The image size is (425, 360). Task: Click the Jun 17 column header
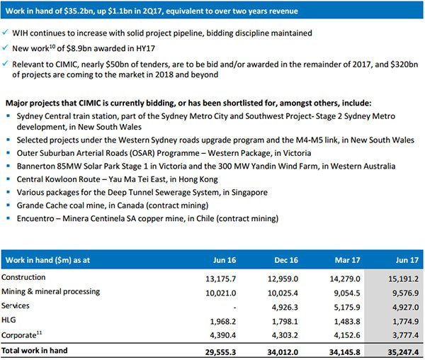[x=407, y=260]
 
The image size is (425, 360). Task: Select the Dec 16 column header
[x=286, y=260]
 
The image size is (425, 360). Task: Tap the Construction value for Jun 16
[x=220, y=279]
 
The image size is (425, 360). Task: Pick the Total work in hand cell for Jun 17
[x=403, y=352]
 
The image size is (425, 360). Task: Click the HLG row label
[x=8, y=320]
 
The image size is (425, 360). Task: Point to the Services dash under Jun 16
[x=234, y=308]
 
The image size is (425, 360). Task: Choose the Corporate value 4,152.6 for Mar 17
[x=347, y=335]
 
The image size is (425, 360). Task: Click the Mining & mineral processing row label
[x=51, y=292]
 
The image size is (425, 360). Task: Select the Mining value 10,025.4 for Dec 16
[x=283, y=293]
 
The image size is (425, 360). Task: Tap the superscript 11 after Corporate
[x=39, y=332]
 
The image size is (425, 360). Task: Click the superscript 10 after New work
[x=52, y=46]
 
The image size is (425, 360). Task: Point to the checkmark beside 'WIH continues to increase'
[x=5, y=33]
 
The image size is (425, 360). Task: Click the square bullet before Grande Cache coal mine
[x=8, y=205]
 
